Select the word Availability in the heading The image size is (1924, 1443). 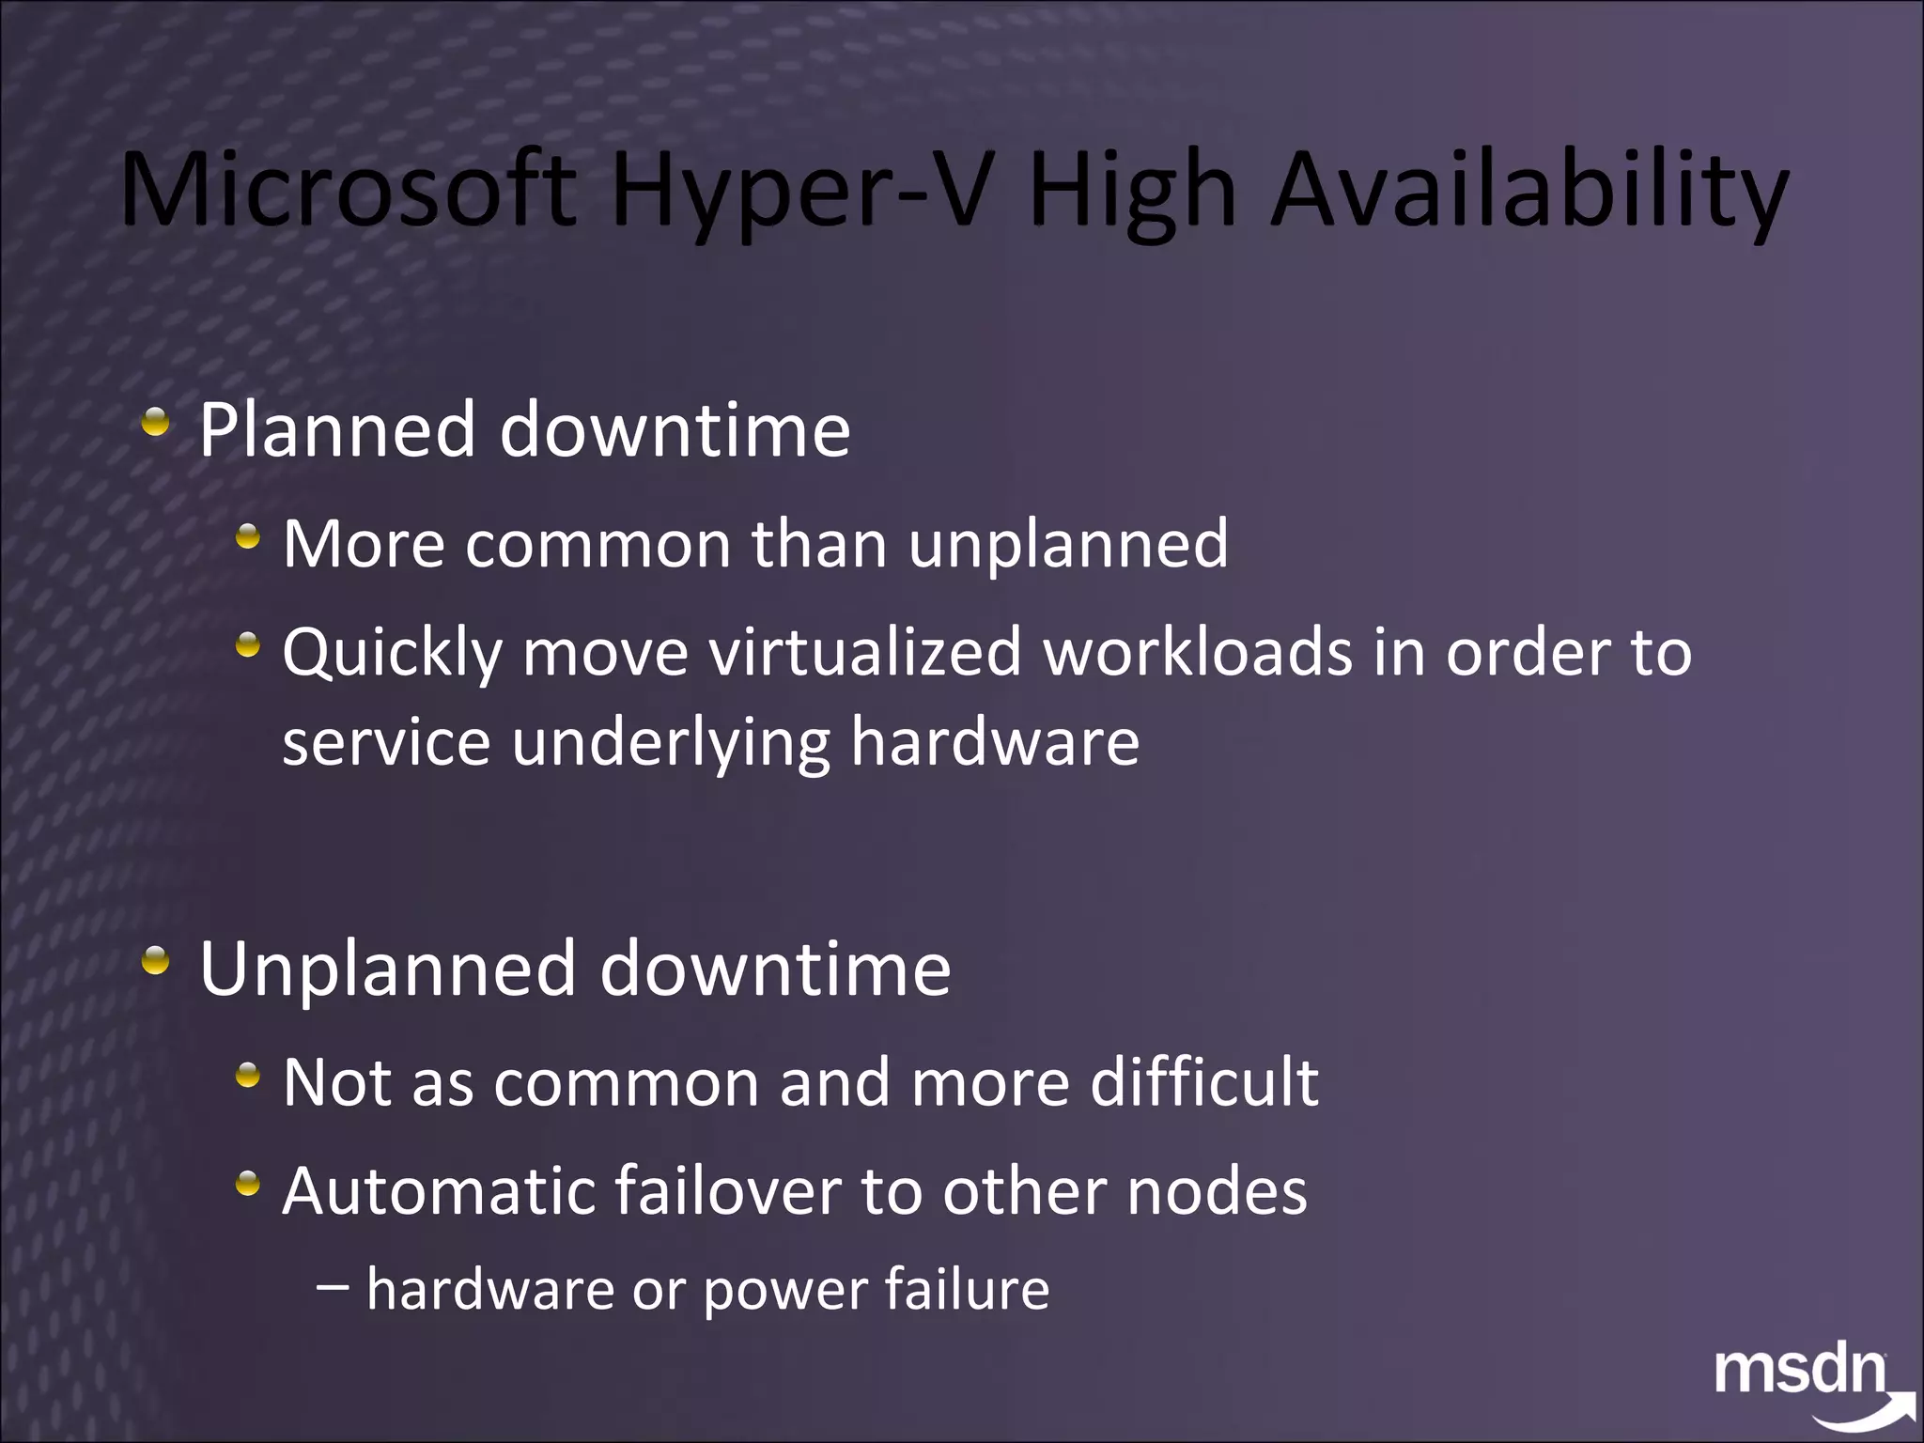pos(1528,193)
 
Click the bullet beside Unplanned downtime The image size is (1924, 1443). pos(156,961)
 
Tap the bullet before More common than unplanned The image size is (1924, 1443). pos(248,537)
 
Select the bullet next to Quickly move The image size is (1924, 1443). pos(248,645)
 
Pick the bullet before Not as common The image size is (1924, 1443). pos(248,1075)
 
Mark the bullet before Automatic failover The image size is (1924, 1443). pos(248,1183)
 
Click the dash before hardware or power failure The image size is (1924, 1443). pos(334,1288)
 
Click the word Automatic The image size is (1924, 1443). pos(438,1190)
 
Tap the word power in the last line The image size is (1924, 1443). pos(784,1291)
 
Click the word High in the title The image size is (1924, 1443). pos(1132,193)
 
